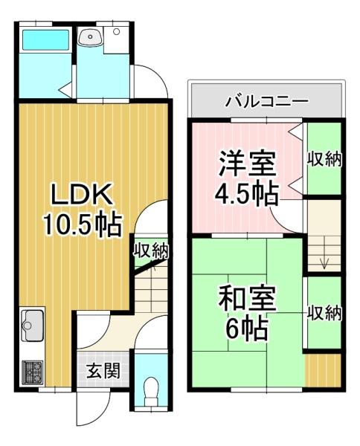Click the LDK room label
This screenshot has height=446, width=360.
81,194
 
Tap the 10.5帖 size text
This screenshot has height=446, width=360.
83,225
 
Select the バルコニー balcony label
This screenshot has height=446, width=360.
267,100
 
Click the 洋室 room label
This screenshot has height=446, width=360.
247,164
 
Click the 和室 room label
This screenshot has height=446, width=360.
247,299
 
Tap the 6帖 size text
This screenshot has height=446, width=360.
246,329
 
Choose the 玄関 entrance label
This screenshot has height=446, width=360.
103,371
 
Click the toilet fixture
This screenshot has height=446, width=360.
151,392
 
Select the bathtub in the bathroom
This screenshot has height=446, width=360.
46,39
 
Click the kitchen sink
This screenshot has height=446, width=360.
32,326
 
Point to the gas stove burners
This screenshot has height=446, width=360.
33,372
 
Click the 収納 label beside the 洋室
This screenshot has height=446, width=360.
324,159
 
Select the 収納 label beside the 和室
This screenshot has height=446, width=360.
324,313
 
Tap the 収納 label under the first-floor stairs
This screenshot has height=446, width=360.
151,251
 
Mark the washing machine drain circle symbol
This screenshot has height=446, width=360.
116,31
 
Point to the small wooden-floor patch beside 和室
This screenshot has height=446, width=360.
323,370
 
